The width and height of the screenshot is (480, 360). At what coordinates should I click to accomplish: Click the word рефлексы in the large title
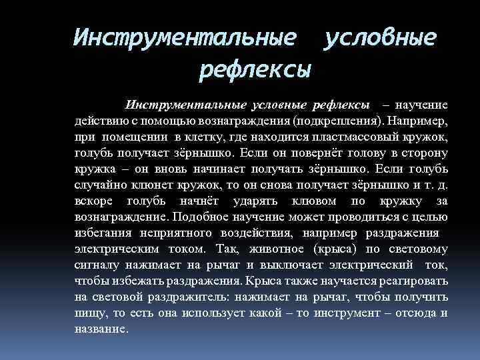255,69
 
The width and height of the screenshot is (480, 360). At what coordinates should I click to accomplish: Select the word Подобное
201,217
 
